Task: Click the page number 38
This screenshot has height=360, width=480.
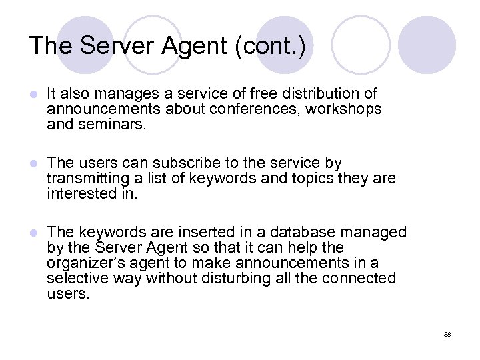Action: tap(447, 334)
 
